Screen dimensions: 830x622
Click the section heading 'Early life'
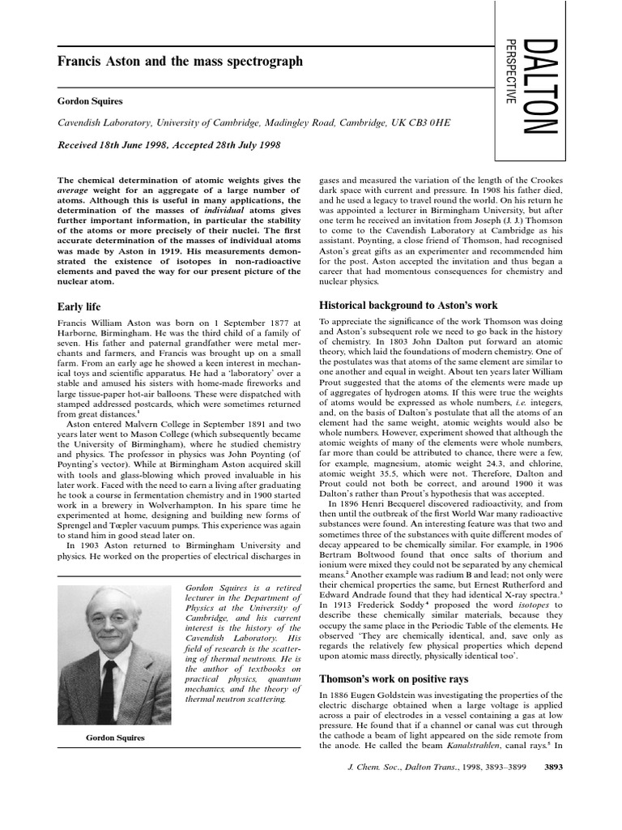point(79,307)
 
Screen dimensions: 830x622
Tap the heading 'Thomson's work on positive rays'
point(394,678)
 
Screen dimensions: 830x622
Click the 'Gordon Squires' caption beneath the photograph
point(115,738)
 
